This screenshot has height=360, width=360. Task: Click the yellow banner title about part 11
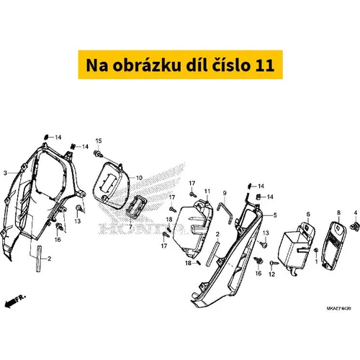click(x=180, y=65)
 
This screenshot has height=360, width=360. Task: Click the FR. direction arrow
click(x=15, y=301)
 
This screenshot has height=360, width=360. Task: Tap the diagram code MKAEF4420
click(x=338, y=308)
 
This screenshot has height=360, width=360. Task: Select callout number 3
click(x=5, y=173)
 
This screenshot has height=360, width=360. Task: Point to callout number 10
click(x=139, y=178)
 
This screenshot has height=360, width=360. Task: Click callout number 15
click(x=99, y=141)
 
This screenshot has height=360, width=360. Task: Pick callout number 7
click(x=130, y=227)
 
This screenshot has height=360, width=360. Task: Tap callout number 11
click(x=207, y=192)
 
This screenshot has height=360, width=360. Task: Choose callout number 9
click(x=225, y=193)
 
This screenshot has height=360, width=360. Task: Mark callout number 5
click(x=275, y=215)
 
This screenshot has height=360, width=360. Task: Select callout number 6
click(x=308, y=214)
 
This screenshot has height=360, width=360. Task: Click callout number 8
click(x=338, y=212)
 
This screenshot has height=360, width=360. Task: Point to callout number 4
click(x=356, y=212)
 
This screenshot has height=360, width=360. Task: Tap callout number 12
click(x=271, y=274)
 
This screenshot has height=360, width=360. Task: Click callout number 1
click(x=316, y=261)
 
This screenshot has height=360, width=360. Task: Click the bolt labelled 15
click(x=98, y=153)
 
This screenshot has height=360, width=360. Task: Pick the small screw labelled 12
click(x=274, y=264)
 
